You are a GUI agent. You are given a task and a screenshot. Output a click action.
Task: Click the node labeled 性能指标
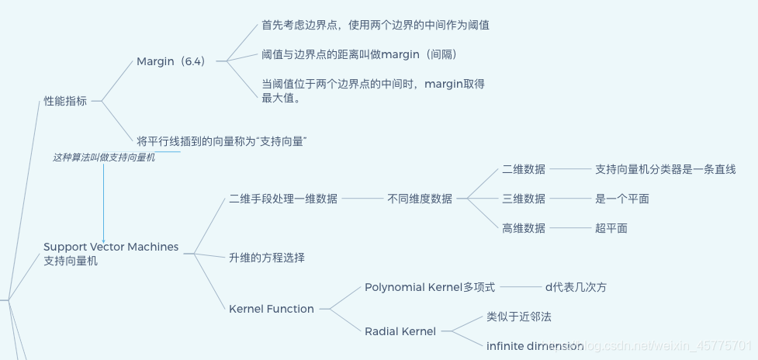click(65, 101)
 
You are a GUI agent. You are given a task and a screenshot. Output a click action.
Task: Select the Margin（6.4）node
click(171, 61)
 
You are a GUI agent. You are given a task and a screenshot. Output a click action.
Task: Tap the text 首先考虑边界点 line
click(376, 25)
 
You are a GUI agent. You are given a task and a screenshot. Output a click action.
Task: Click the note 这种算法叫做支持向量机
click(104, 157)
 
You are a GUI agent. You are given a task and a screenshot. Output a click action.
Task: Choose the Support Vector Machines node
click(111, 254)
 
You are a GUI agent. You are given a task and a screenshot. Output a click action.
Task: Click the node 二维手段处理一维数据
click(283, 199)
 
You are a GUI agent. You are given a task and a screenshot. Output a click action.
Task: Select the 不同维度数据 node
click(420, 199)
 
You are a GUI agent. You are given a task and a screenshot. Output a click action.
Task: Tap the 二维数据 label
click(524, 169)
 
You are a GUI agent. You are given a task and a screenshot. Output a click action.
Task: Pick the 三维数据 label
click(524, 199)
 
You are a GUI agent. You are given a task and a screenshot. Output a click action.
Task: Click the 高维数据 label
click(524, 228)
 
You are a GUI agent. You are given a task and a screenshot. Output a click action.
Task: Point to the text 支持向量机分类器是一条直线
click(665, 169)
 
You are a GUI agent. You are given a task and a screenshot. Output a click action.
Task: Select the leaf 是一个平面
click(622, 199)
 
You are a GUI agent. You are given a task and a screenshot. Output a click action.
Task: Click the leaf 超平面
click(611, 228)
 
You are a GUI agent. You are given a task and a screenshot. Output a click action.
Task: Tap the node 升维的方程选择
click(267, 258)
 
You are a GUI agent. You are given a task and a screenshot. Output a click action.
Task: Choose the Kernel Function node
click(272, 309)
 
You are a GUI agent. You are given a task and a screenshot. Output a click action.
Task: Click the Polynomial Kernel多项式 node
click(430, 287)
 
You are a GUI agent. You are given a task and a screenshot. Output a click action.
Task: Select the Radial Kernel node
click(400, 331)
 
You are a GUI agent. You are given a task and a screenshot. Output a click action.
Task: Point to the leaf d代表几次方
click(576, 287)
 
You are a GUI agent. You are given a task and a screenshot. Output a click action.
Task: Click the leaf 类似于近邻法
click(519, 317)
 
